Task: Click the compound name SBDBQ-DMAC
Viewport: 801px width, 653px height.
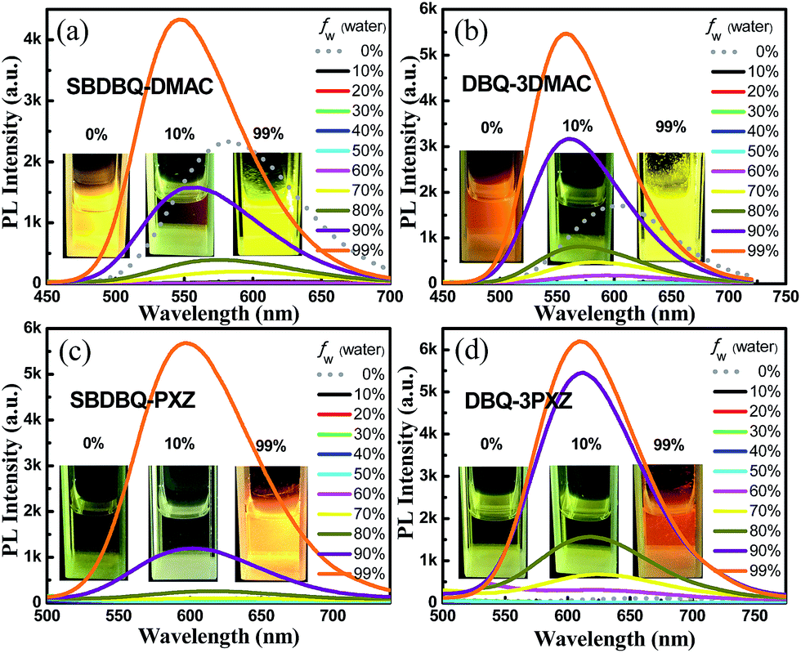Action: click(141, 85)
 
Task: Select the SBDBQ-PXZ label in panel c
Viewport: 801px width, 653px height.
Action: click(122, 405)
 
